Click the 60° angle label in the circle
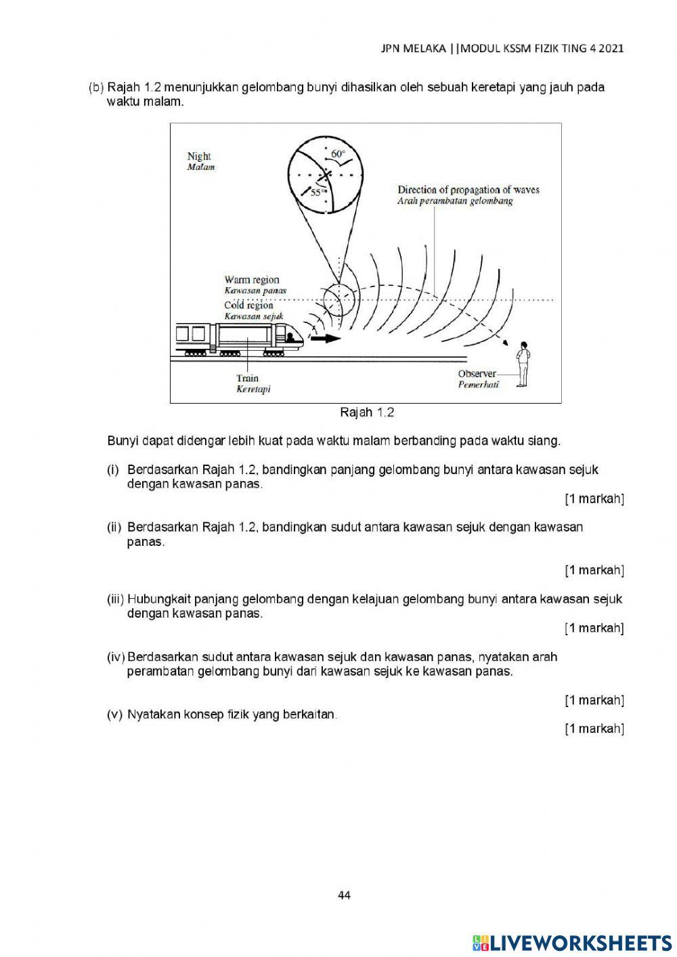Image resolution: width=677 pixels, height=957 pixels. [338, 154]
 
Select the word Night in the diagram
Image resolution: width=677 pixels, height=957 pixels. [199, 156]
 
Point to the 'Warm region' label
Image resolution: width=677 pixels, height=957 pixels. [252, 280]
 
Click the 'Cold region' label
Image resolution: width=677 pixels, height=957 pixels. [248, 305]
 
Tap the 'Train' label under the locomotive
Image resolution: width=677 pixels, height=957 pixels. [247, 379]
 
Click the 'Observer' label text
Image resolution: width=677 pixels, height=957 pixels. [477, 374]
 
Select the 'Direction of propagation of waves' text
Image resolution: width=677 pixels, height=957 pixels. [468, 190]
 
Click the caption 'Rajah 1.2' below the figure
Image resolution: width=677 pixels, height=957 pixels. [367, 412]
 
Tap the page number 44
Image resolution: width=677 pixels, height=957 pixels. [344, 895]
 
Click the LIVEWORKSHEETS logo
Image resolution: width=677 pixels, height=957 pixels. [572, 942]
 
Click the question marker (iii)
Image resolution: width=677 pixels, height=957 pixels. [115, 599]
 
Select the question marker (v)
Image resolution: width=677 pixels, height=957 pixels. [114, 715]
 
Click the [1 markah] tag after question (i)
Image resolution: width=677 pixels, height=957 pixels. [594, 499]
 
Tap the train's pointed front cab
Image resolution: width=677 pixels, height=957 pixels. [291, 335]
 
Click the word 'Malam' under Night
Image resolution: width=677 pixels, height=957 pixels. [200, 167]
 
